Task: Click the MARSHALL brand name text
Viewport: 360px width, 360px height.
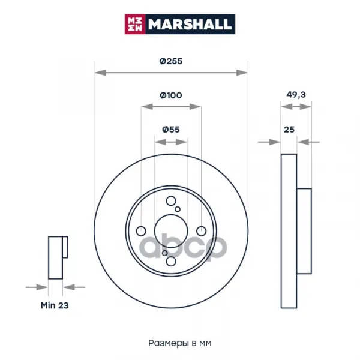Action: click(190, 24)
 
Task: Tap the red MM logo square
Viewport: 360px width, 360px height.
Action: click(135, 24)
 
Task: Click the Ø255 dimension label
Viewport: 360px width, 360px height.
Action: click(171, 61)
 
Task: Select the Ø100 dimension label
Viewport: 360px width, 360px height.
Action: click(171, 95)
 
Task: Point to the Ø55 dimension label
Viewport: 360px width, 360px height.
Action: click(171, 130)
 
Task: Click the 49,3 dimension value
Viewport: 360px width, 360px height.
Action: click(296, 95)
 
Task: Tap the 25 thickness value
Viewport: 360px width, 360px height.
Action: click(289, 130)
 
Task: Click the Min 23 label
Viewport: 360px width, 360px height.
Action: click(55, 305)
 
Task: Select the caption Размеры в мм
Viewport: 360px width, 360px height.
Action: click(180, 343)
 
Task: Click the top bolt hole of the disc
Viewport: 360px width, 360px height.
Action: click(171, 201)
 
